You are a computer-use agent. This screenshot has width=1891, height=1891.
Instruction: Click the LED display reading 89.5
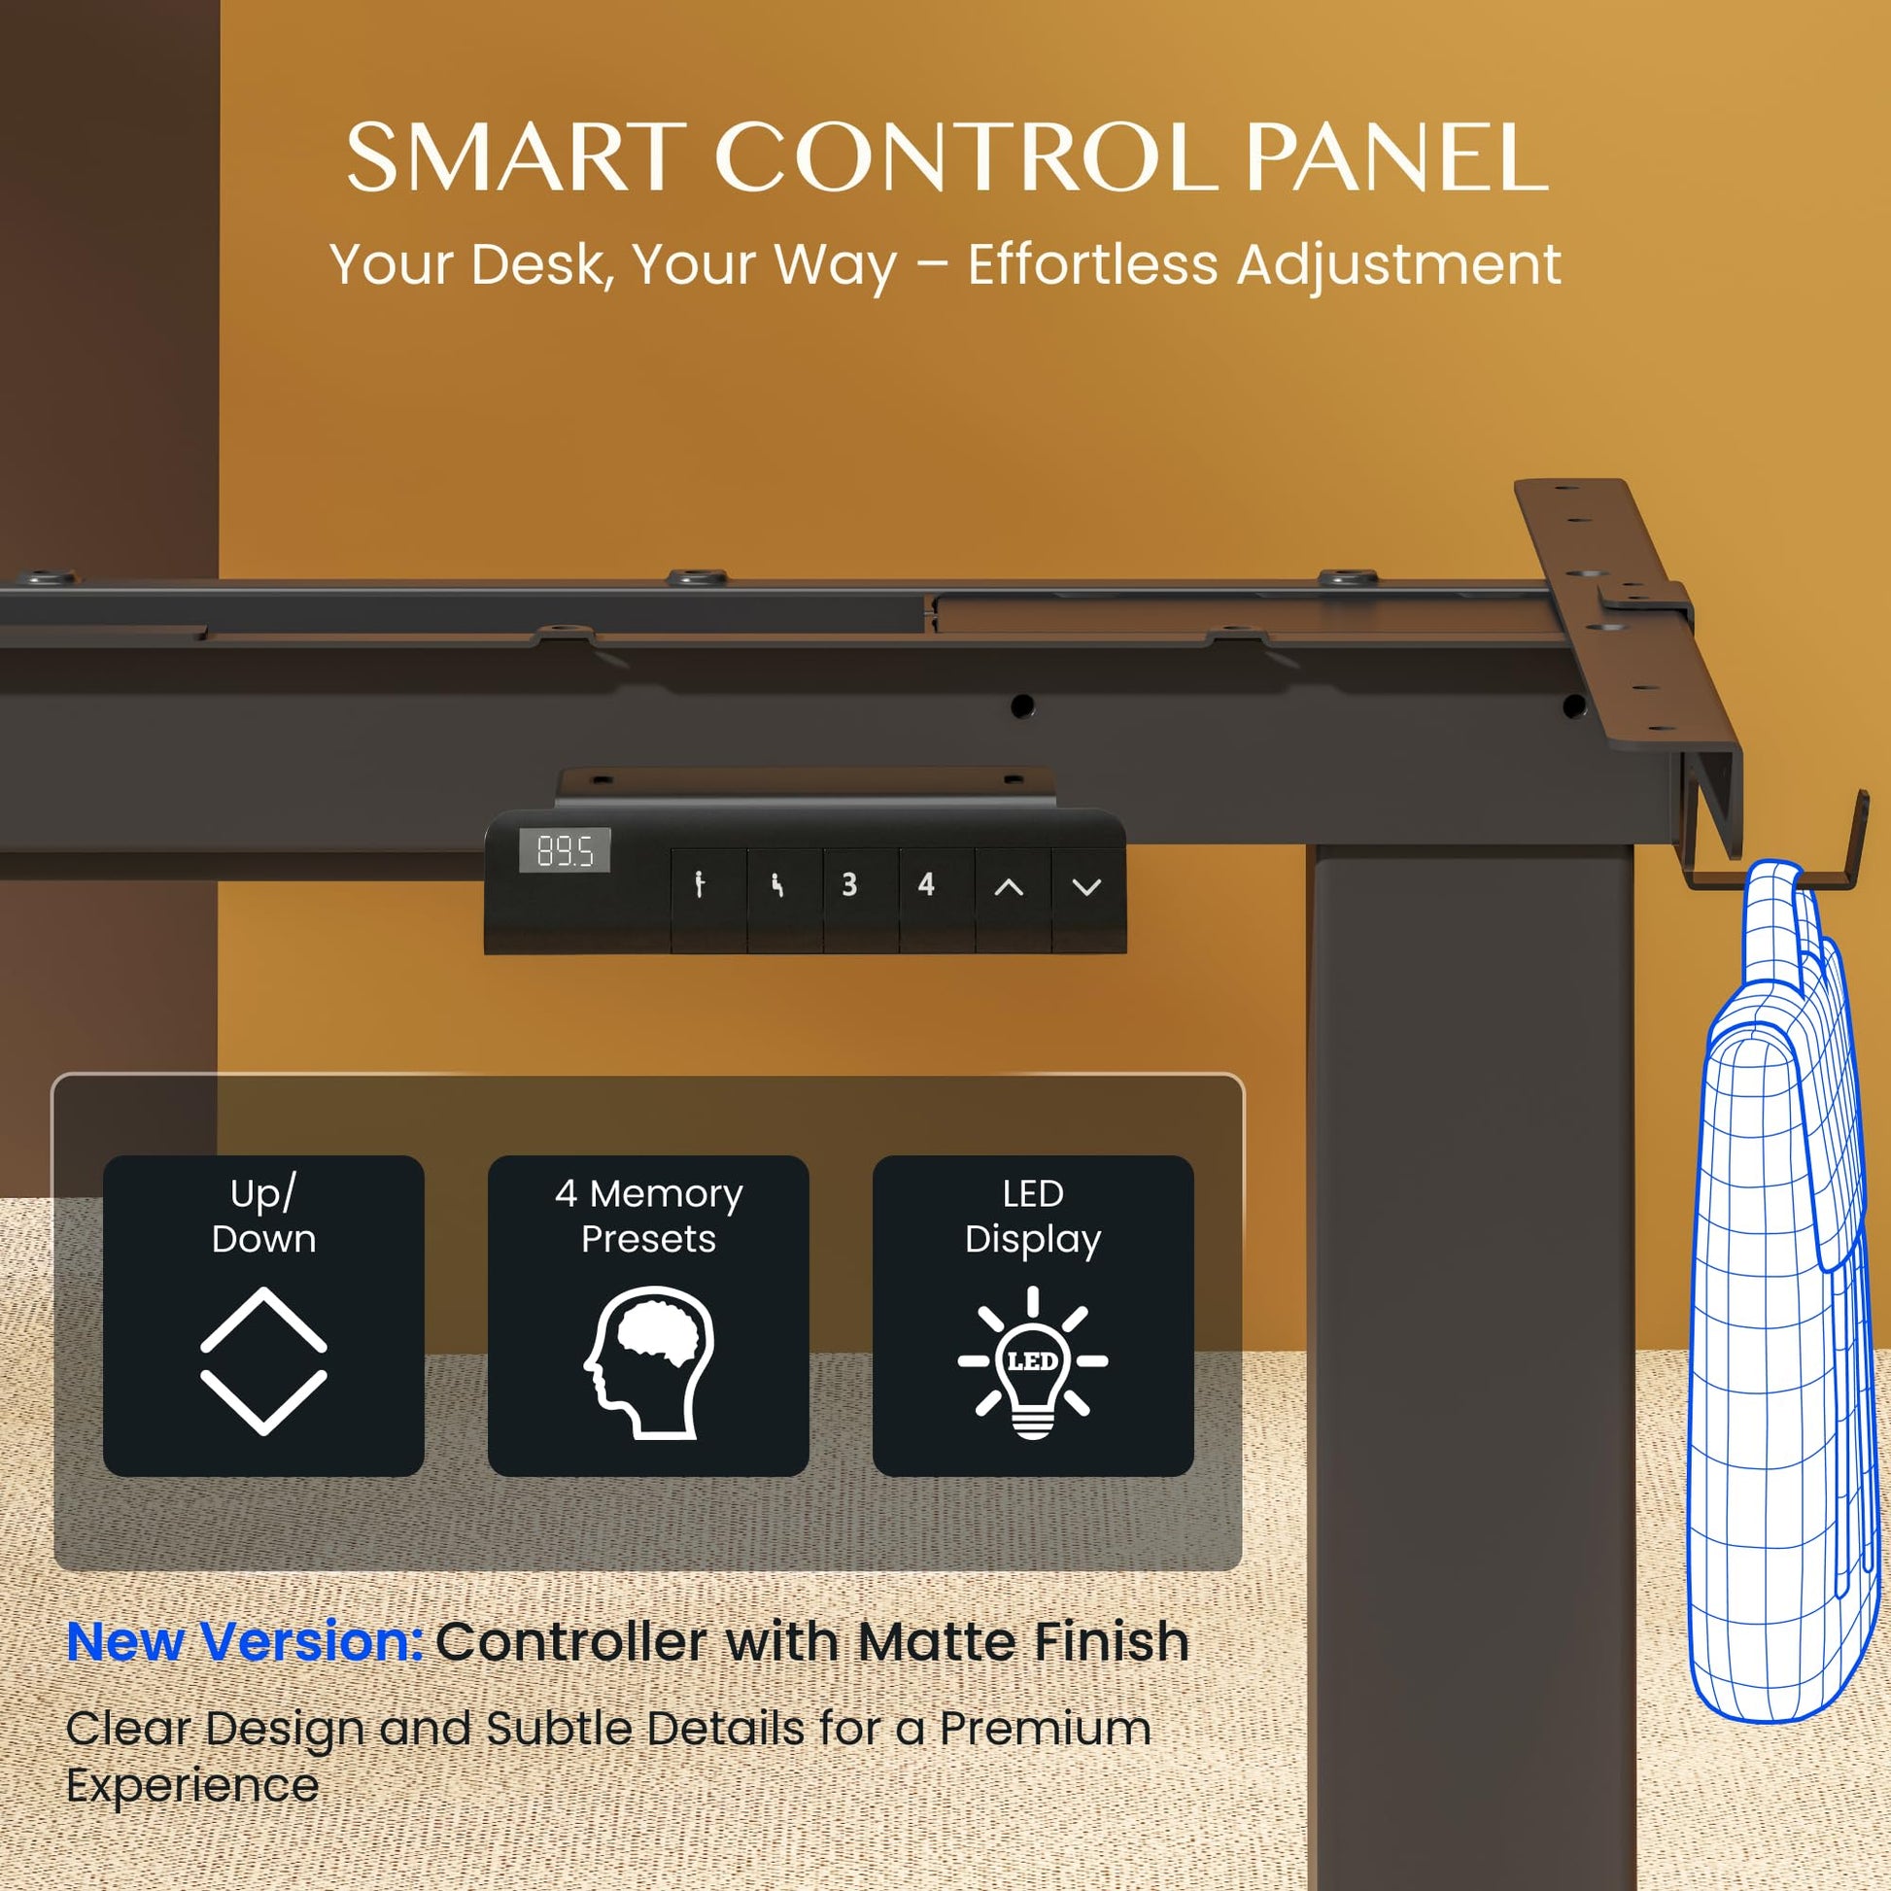point(565,849)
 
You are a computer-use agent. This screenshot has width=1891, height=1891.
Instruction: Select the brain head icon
point(649,1361)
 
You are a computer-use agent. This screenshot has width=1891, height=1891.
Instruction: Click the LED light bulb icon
point(1033,1362)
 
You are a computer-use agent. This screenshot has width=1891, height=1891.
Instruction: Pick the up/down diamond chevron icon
point(263,1361)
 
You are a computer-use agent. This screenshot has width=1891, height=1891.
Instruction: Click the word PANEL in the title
point(1396,157)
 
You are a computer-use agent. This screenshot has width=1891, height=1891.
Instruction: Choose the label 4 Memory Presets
point(649,1216)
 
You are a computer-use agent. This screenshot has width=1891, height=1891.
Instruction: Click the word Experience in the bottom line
point(192,1787)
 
